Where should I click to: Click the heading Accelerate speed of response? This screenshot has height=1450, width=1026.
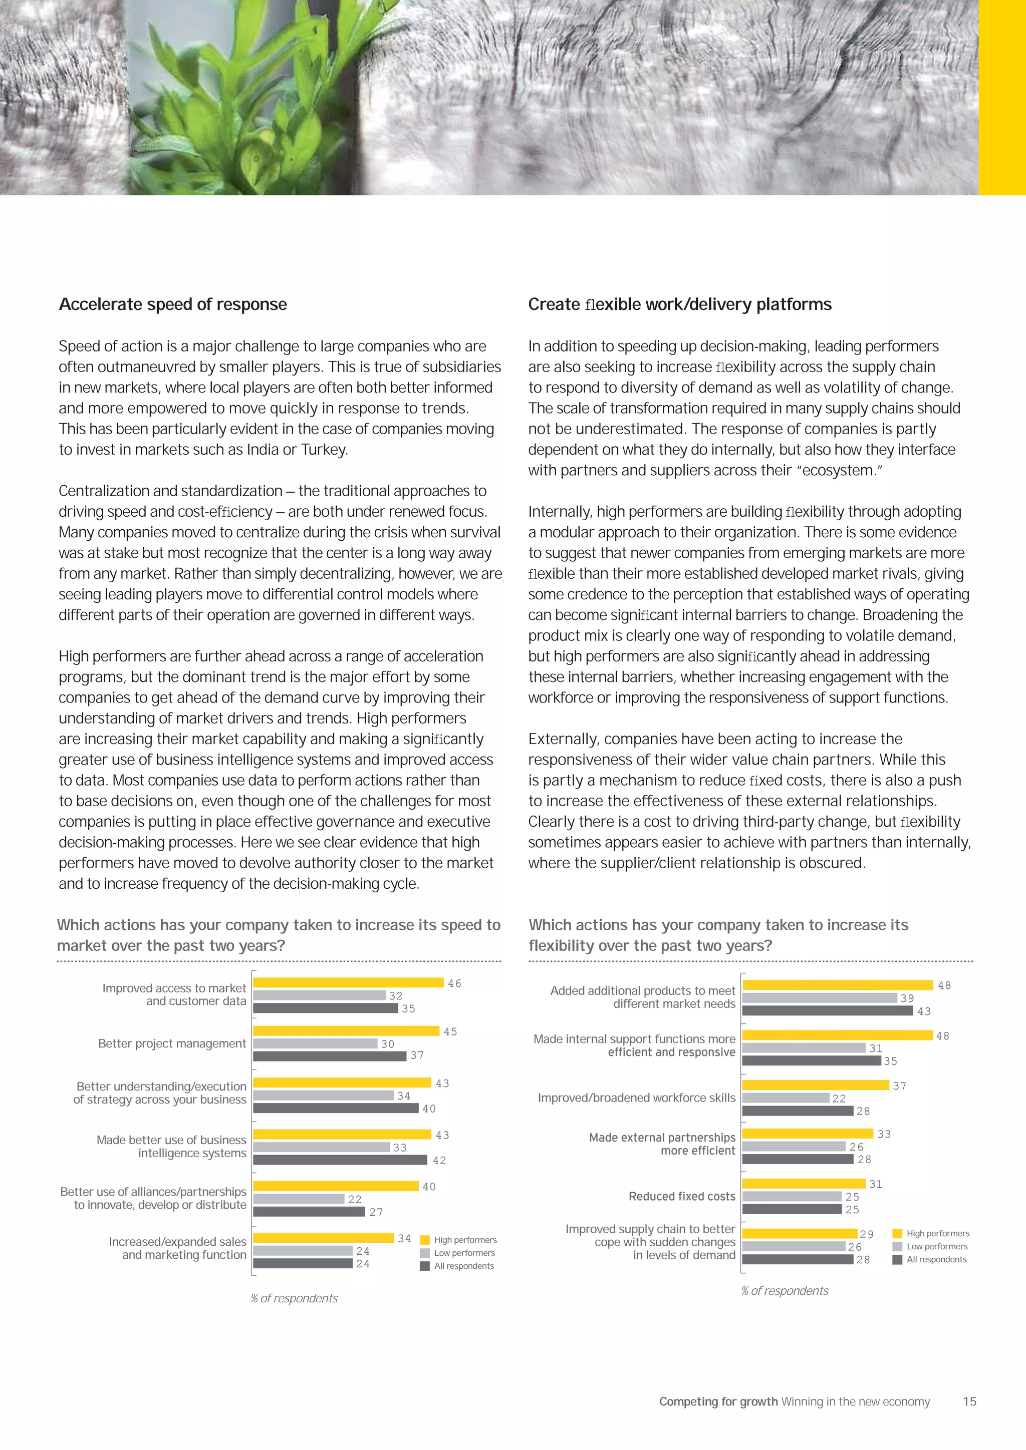pyautogui.click(x=172, y=304)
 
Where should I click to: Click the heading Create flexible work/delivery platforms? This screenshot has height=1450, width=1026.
pyautogui.click(x=679, y=304)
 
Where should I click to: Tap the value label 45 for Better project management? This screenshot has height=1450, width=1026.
pyautogui.click(x=450, y=1031)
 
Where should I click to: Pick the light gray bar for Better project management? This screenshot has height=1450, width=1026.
pyautogui.click(x=315, y=1044)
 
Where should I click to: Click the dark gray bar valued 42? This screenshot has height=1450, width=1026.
pyautogui.click(x=340, y=1160)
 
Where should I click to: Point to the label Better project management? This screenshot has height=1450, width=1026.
pyautogui.click(x=172, y=1044)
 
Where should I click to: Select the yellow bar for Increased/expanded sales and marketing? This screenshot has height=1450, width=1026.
pyautogui.click(x=324, y=1238)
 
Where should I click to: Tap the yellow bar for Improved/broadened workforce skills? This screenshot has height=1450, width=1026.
pyautogui.click(x=815, y=1085)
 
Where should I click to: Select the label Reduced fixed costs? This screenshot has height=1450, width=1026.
pyautogui.click(x=682, y=1196)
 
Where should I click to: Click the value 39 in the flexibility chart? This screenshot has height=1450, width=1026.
pyautogui.click(x=907, y=998)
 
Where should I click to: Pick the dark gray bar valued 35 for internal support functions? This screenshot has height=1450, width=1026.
pyautogui.click(x=811, y=1061)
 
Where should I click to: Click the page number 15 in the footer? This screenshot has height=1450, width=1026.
pyautogui.click(x=969, y=1401)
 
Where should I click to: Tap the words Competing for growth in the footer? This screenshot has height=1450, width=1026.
pyautogui.click(x=718, y=1401)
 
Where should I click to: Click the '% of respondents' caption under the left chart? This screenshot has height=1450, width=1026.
pyautogui.click(x=294, y=1298)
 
